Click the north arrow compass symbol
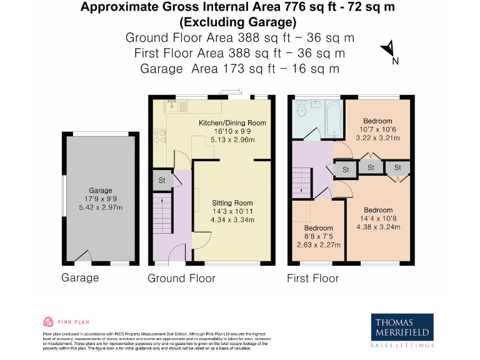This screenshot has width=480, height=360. [389, 49]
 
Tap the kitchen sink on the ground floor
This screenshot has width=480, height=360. [172, 107]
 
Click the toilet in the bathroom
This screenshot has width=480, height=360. [302, 111]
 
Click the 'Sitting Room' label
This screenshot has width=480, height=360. [232, 203]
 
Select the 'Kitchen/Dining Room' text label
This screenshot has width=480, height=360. [232, 122]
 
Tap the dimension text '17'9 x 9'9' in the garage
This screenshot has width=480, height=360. [100, 199]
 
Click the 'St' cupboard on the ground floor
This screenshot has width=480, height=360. [161, 181]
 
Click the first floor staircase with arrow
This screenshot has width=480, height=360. [302, 181]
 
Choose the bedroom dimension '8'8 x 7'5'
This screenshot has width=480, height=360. [319, 237]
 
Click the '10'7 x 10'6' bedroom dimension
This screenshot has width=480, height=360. [377, 129]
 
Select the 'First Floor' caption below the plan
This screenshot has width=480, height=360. [312, 278]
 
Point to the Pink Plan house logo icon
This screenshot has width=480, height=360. [48, 322]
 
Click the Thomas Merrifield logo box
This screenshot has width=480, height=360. [402, 329]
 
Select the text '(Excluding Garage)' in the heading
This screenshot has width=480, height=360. [237, 22]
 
